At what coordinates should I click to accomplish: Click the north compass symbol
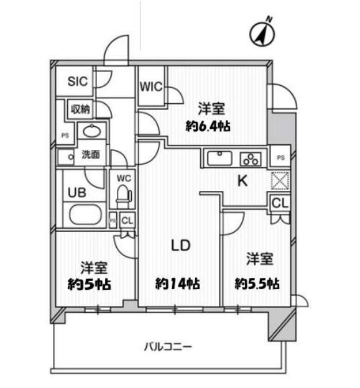tap(262, 34)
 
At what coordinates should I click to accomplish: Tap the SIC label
tap(78, 81)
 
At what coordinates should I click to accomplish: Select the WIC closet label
tap(151, 86)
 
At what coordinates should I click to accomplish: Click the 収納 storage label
tap(80, 109)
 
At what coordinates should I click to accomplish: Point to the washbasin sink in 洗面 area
tap(92, 131)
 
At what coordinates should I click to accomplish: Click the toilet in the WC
tap(124, 196)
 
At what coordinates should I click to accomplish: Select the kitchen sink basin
tap(219, 158)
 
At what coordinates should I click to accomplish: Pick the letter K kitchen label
tap(242, 181)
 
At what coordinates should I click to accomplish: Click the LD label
tap(181, 245)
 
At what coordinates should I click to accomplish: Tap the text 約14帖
tap(178, 284)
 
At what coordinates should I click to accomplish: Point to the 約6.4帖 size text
tap(208, 126)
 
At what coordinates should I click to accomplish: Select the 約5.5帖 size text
tap(257, 284)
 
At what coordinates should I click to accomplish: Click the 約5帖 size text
tap(90, 284)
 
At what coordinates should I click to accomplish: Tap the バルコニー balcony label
tap(168, 347)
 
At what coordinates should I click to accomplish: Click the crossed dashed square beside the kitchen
tap(280, 181)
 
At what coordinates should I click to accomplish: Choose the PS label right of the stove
tap(280, 157)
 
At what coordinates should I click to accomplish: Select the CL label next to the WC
tap(127, 220)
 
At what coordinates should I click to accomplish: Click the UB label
tap(77, 193)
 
